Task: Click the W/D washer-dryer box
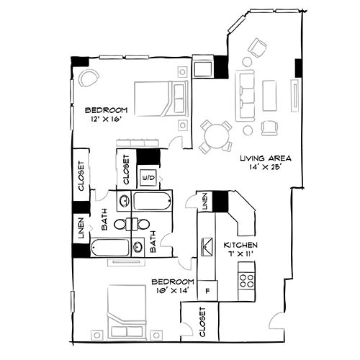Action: pyautogui.click(x=150, y=176)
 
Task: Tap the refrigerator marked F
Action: pyautogui.click(x=207, y=291)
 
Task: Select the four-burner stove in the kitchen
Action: pyautogui.click(x=246, y=278)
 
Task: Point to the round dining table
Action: pyautogui.click(x=215, y=135)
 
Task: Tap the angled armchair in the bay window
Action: pyautogui.click(x=257, y=48)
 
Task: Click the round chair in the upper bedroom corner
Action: pyautogui.click(x=89, y=77)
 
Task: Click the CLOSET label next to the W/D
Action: pyautogui.click(x=125, y=171)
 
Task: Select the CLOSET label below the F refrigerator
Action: pyautogui.click(x=202, y=321)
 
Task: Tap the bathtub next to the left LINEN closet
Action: pyautogui.click(x=111, y=248)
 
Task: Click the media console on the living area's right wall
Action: pyautogui.click(x=294, y=94)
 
